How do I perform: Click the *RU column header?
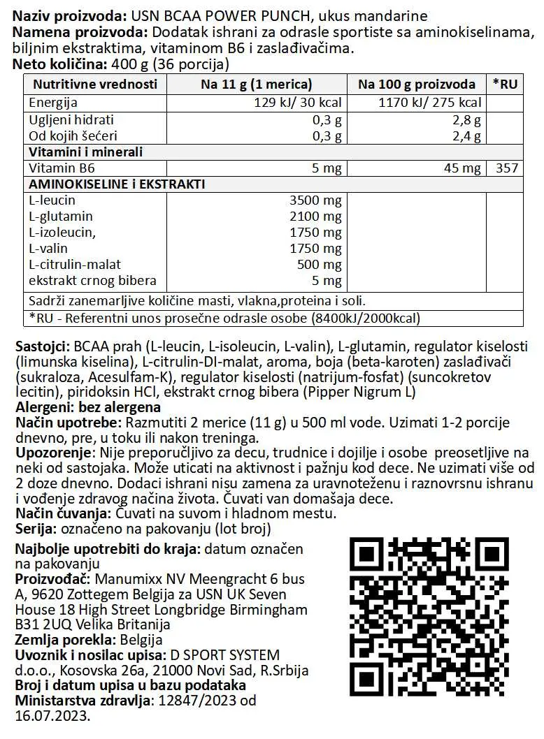[505, 85]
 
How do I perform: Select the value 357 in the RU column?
[507, 168]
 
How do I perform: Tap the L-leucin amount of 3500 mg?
[315, 201]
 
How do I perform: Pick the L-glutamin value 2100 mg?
[315, 217]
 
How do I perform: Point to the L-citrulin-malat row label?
[75, 265]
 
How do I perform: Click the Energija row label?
[52, 103]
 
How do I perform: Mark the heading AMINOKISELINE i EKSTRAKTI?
[116, 184]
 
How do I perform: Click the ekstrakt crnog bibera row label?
[92, 281]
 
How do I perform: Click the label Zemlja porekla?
[62, 639]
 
